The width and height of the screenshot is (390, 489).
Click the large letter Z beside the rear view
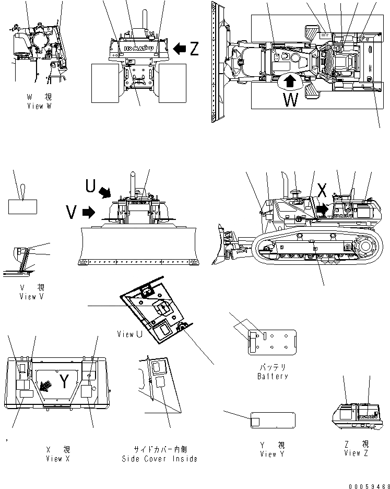click(x=194, y=49)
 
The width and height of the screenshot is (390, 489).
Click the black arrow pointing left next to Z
click(x=179, y=49)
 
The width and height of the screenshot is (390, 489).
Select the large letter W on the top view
click(x=290, y=99)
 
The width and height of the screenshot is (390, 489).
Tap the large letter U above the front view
click(x=90, y=185)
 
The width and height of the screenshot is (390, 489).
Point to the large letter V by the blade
click(x=73, y=212)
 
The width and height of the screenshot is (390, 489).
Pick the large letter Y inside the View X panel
click(x=63, y=383)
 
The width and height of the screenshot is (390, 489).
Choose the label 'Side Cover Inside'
click(x=160, y=458)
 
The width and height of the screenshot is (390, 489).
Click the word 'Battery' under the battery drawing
click(x=273, y=376)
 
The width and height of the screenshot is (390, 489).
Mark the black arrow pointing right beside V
click(x=89, y=212)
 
